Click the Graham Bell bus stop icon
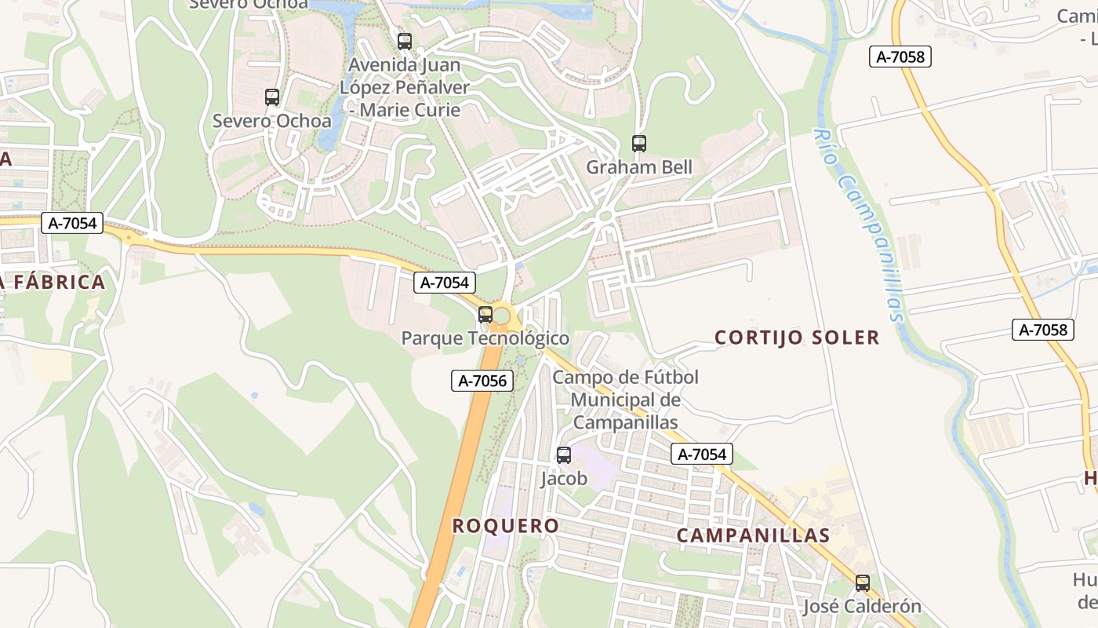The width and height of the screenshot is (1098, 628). pos(639,144)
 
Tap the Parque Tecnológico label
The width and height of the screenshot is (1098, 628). pos(485,338)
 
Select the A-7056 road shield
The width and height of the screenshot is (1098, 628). pos(482,382)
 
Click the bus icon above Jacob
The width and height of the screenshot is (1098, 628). pos(564,455)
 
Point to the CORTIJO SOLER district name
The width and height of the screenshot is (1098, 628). pos(797,338)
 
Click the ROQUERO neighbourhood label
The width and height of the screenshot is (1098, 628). pos(506,526)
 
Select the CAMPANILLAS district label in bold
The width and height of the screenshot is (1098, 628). pos(753,535)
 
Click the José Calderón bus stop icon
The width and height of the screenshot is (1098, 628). pos(863,583)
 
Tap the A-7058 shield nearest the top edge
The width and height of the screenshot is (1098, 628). pos(900,57)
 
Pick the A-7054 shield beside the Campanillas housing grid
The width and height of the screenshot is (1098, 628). pos(702,454)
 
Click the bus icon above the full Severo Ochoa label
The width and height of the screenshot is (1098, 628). pos(272,97)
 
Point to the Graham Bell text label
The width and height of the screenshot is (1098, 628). pos(639,167)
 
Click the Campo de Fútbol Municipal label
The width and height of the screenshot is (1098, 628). pos(625,400)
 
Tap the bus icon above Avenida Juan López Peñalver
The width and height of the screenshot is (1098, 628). pos(405,42)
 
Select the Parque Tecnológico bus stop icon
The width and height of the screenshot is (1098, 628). pos(485,315)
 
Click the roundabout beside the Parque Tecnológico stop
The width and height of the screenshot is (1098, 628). pos(502,317)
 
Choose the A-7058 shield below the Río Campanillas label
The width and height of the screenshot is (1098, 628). pos(1042,330)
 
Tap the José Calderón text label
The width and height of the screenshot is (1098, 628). pos(861,606)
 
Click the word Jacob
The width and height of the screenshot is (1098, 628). pos(564,478)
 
